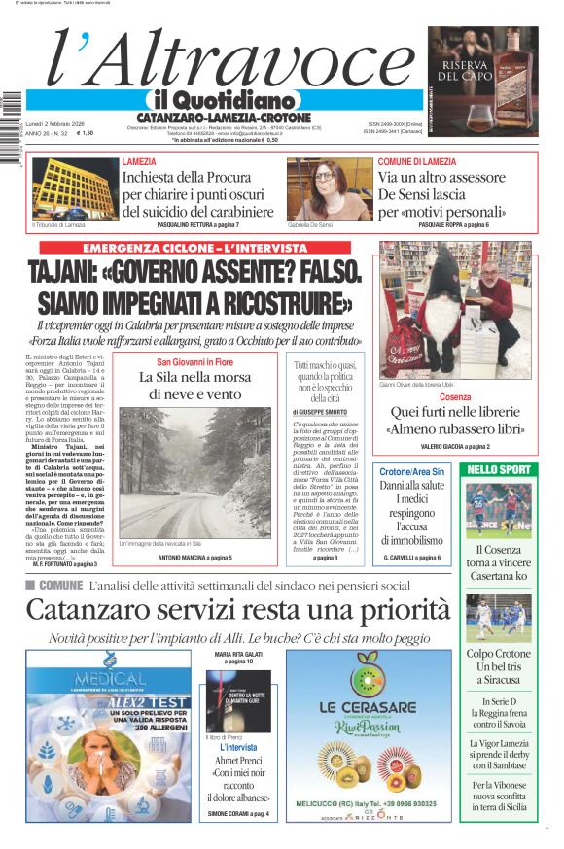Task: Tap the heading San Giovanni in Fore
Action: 195,361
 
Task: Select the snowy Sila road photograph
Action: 195,472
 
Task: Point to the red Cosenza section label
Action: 454,398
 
